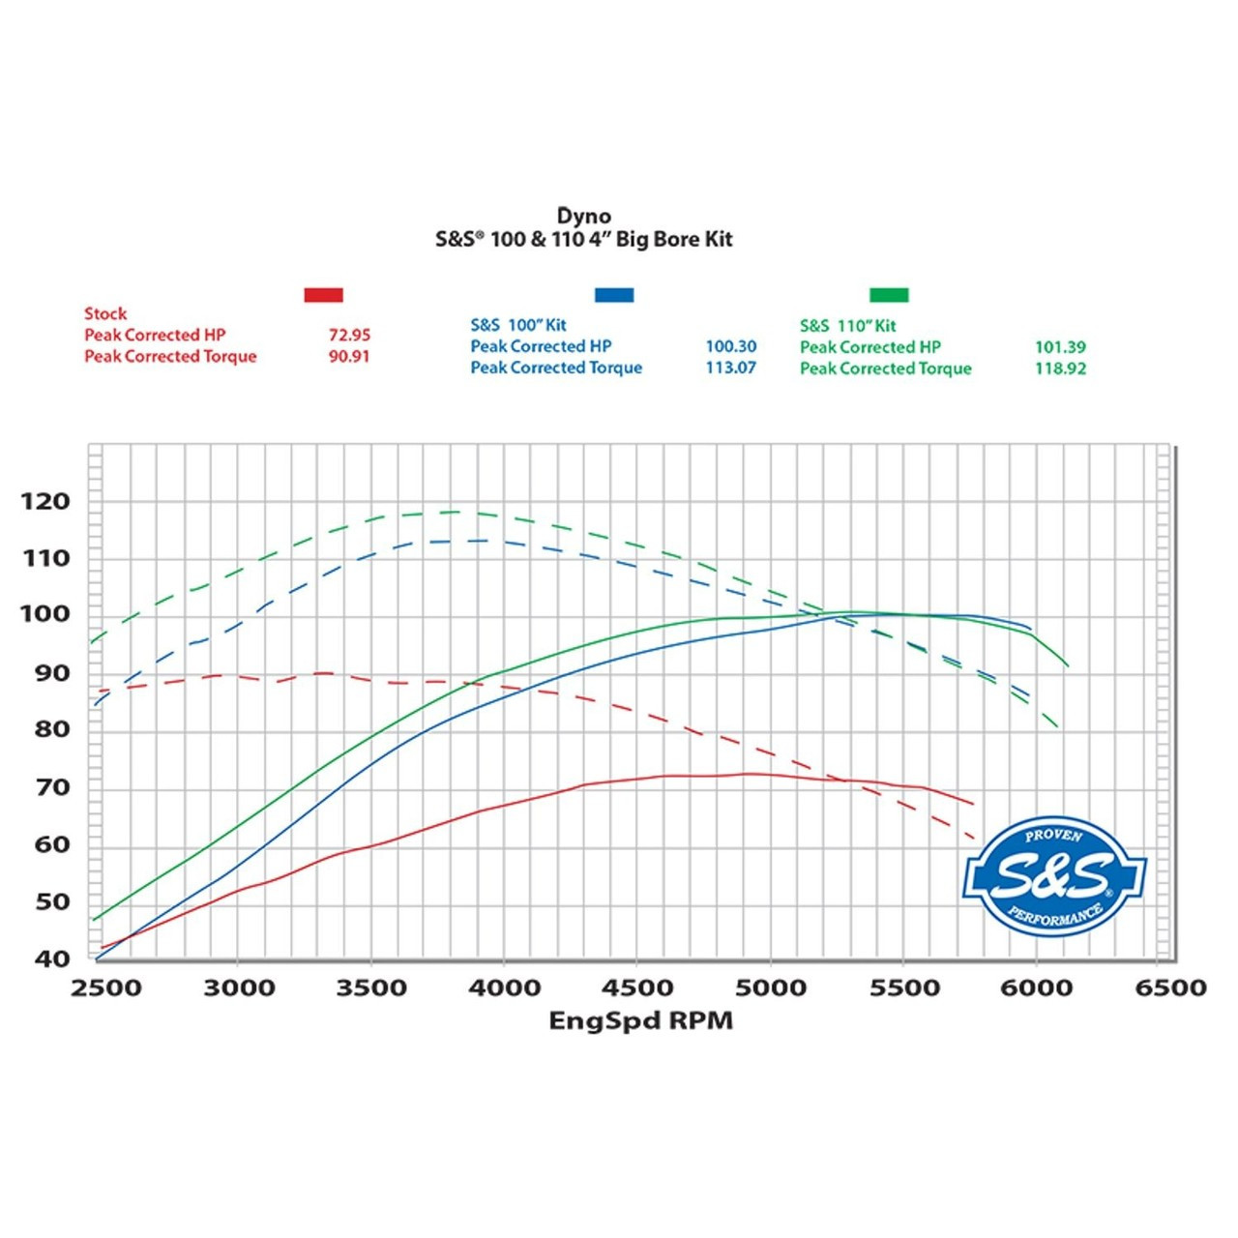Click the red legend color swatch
click(x=323, y=295)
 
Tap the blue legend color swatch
click(x=614, y=295)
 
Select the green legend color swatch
click(x=889, y=295)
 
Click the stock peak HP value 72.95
click(x=349, y=335)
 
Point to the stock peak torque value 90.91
click(x=349, y=356)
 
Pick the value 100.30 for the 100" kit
click(x=730, y=346)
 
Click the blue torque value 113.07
click(x=730, y=368)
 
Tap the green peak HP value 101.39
click(x=1060, y=346)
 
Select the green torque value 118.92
click(x=1060, y=368)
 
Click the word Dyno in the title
click(x=583, y=216)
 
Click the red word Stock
click(x=105, y=313)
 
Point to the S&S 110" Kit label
click(x=847, y=326)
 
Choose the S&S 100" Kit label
click(x=518, y=325)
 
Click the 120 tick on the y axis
click(x=45, y=501)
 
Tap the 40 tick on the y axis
click(x=52, y=958)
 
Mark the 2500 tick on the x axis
click(x=105, y=987)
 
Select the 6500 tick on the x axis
click(x=1169, y=987)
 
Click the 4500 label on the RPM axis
click(x=636, y=987)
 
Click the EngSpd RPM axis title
click(x=640, y=1020)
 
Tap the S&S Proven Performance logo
click(x=1053, y=876)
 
